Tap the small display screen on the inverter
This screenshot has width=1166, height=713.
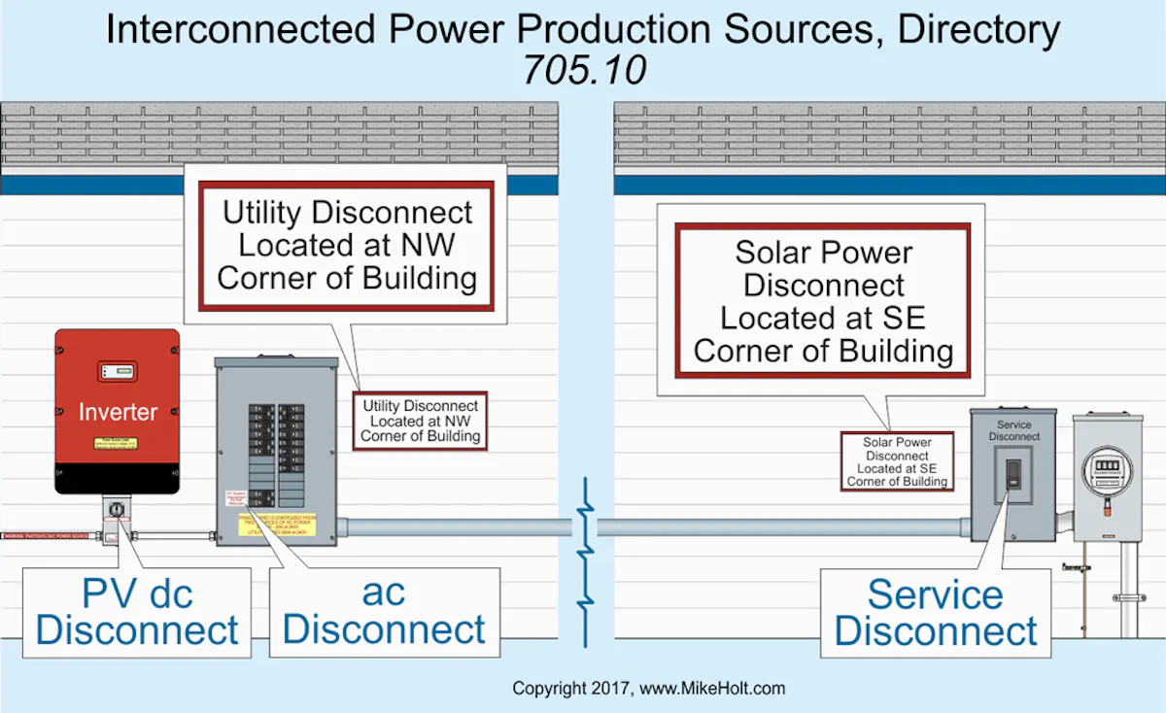point(117,371)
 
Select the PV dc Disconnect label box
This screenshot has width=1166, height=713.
point(137,612)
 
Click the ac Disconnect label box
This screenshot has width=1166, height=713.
point(384,612)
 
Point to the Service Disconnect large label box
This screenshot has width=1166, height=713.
point(936,613)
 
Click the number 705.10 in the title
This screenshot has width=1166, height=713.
point(584,70)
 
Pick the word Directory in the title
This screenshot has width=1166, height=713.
point(977,30)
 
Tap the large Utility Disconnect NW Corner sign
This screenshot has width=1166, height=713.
point(347,246)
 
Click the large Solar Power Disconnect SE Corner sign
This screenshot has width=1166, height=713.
point(823,301)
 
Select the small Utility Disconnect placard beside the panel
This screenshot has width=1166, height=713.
point(420,421)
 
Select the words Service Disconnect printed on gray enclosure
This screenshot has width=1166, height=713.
point(1013,430)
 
